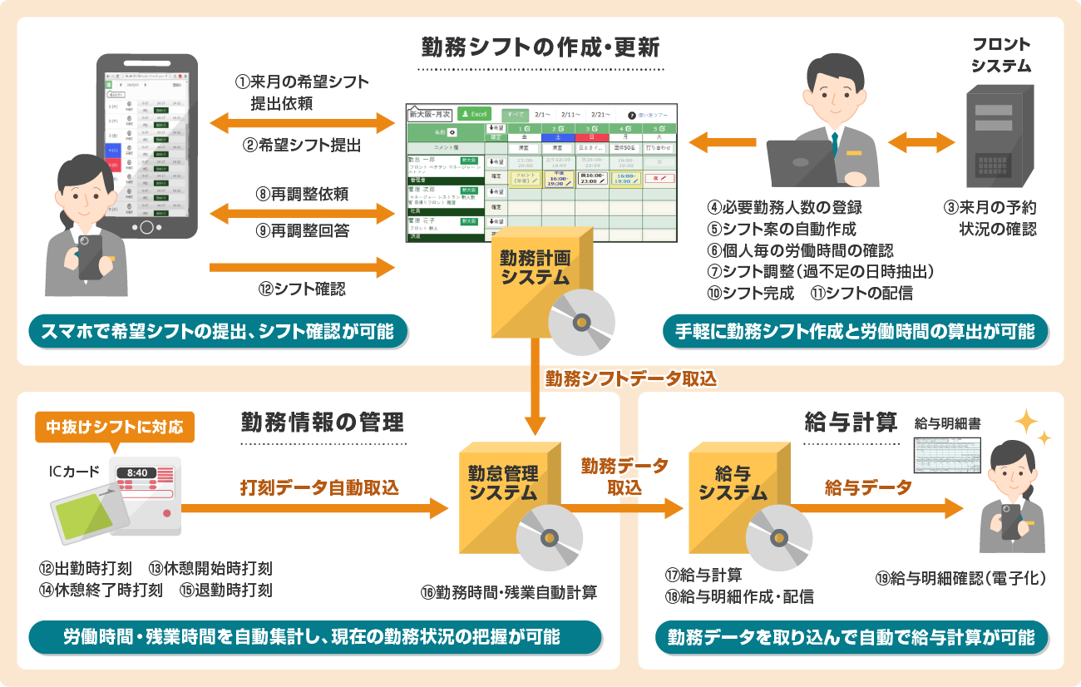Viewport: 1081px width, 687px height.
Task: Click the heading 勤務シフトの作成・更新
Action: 540,47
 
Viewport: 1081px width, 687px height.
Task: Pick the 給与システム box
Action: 733,487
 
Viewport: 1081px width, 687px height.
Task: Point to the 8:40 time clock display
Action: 138,472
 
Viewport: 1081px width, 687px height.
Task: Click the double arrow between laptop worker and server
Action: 921,143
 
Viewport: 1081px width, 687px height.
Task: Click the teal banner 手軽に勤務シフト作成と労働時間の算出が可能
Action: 855,332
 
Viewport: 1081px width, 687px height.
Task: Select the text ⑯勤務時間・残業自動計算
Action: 508,592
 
